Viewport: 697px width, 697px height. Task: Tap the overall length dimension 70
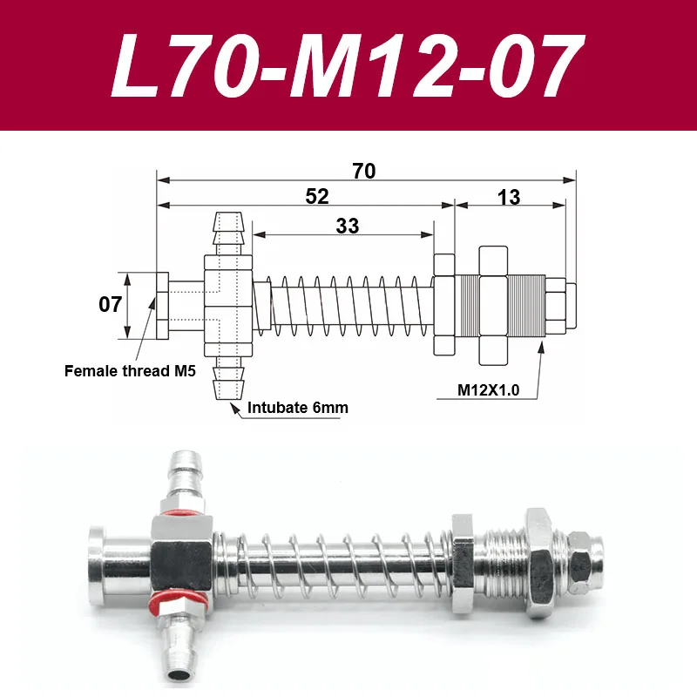click(364, 171)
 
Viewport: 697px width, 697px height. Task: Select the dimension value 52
click(317, 196)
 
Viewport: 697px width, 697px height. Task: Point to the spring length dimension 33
click(347, 226)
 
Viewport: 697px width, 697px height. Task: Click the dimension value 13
click(509, 197)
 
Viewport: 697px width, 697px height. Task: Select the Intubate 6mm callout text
click(293, 405)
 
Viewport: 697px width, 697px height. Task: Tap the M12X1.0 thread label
click(489, 390)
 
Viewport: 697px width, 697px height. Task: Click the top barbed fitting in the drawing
click(228, 232)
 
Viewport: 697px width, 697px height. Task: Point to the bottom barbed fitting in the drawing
click(228, 378)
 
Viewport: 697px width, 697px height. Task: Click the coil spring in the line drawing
click(348, 305)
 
